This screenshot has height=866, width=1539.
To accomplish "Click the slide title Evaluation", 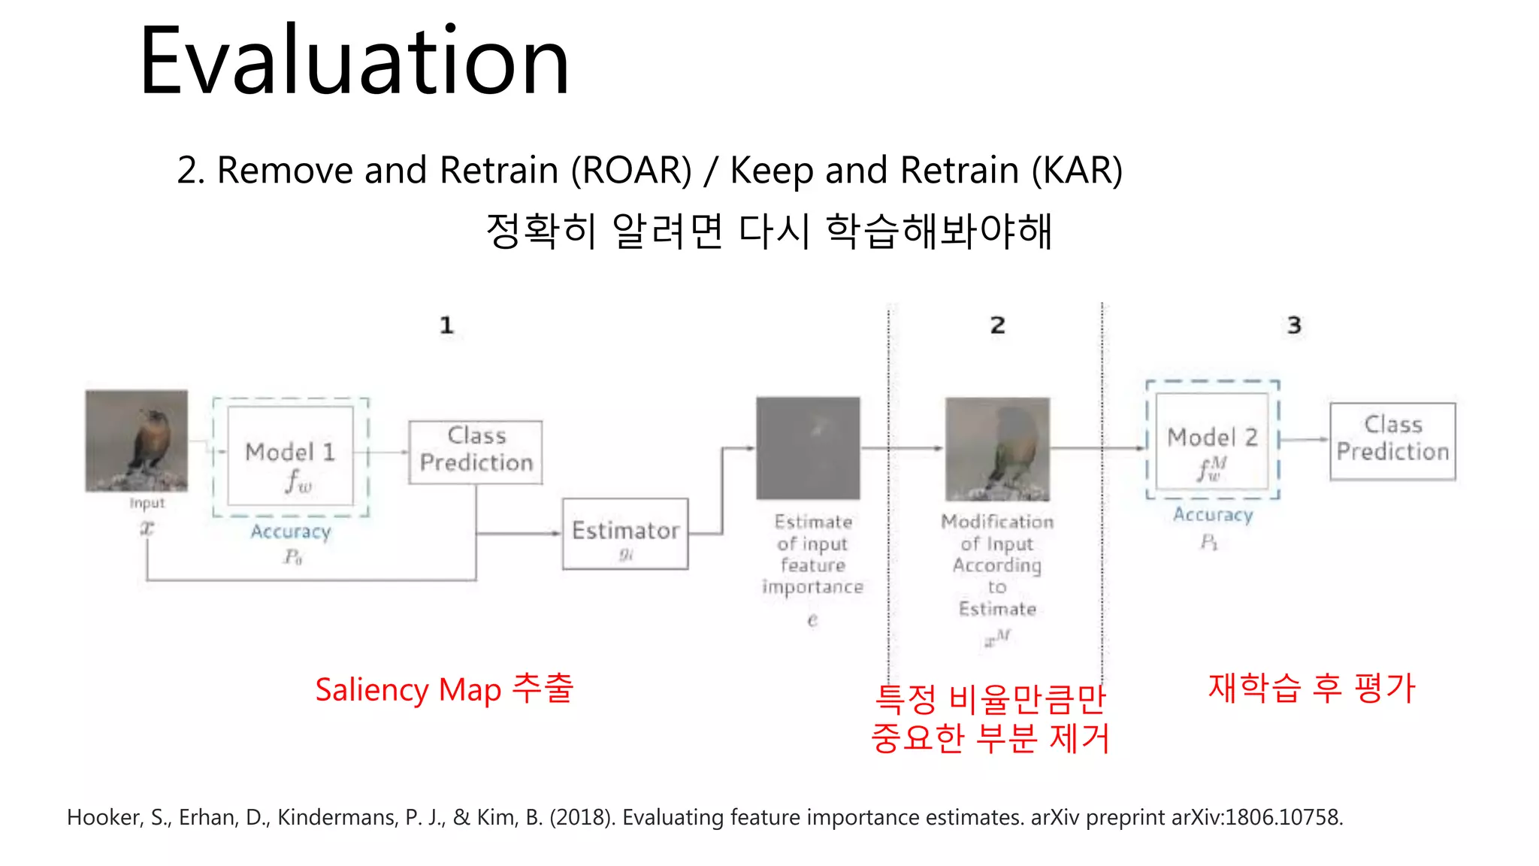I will [x=354, y=62].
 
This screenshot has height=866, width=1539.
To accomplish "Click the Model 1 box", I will [x=290, y=456].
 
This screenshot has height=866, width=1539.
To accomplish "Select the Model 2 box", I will [x=1212, y=440].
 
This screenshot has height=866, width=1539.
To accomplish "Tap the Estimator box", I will [x=625, y=534].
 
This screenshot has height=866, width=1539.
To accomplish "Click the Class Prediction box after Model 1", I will [x=476, y=452].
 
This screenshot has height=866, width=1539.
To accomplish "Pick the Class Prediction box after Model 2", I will [x=1392, y=441].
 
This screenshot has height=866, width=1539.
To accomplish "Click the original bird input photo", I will [x=136, y=441].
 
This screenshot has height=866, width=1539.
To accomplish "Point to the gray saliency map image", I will [x=808, y=448].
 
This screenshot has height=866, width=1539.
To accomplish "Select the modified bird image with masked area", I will [x=997, y=449].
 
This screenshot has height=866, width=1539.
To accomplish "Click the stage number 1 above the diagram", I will [x=446, y=326].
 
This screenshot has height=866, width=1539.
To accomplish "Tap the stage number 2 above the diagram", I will [x=997, y=326].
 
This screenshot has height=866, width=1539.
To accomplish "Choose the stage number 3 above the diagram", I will [x=1293, y=326].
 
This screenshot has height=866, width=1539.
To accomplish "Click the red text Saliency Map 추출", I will [x=444, y=689].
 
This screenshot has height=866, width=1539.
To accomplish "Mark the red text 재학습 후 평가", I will [x=1311, y=688].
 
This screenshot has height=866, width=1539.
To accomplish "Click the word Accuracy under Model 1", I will [x=291, y=531].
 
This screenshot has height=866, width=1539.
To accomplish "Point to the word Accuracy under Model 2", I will [x=1213, y=515].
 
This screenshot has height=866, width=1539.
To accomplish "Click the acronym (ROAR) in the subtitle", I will [x=631, y=170].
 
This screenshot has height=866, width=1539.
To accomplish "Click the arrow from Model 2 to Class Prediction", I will [x=1305, y=440].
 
